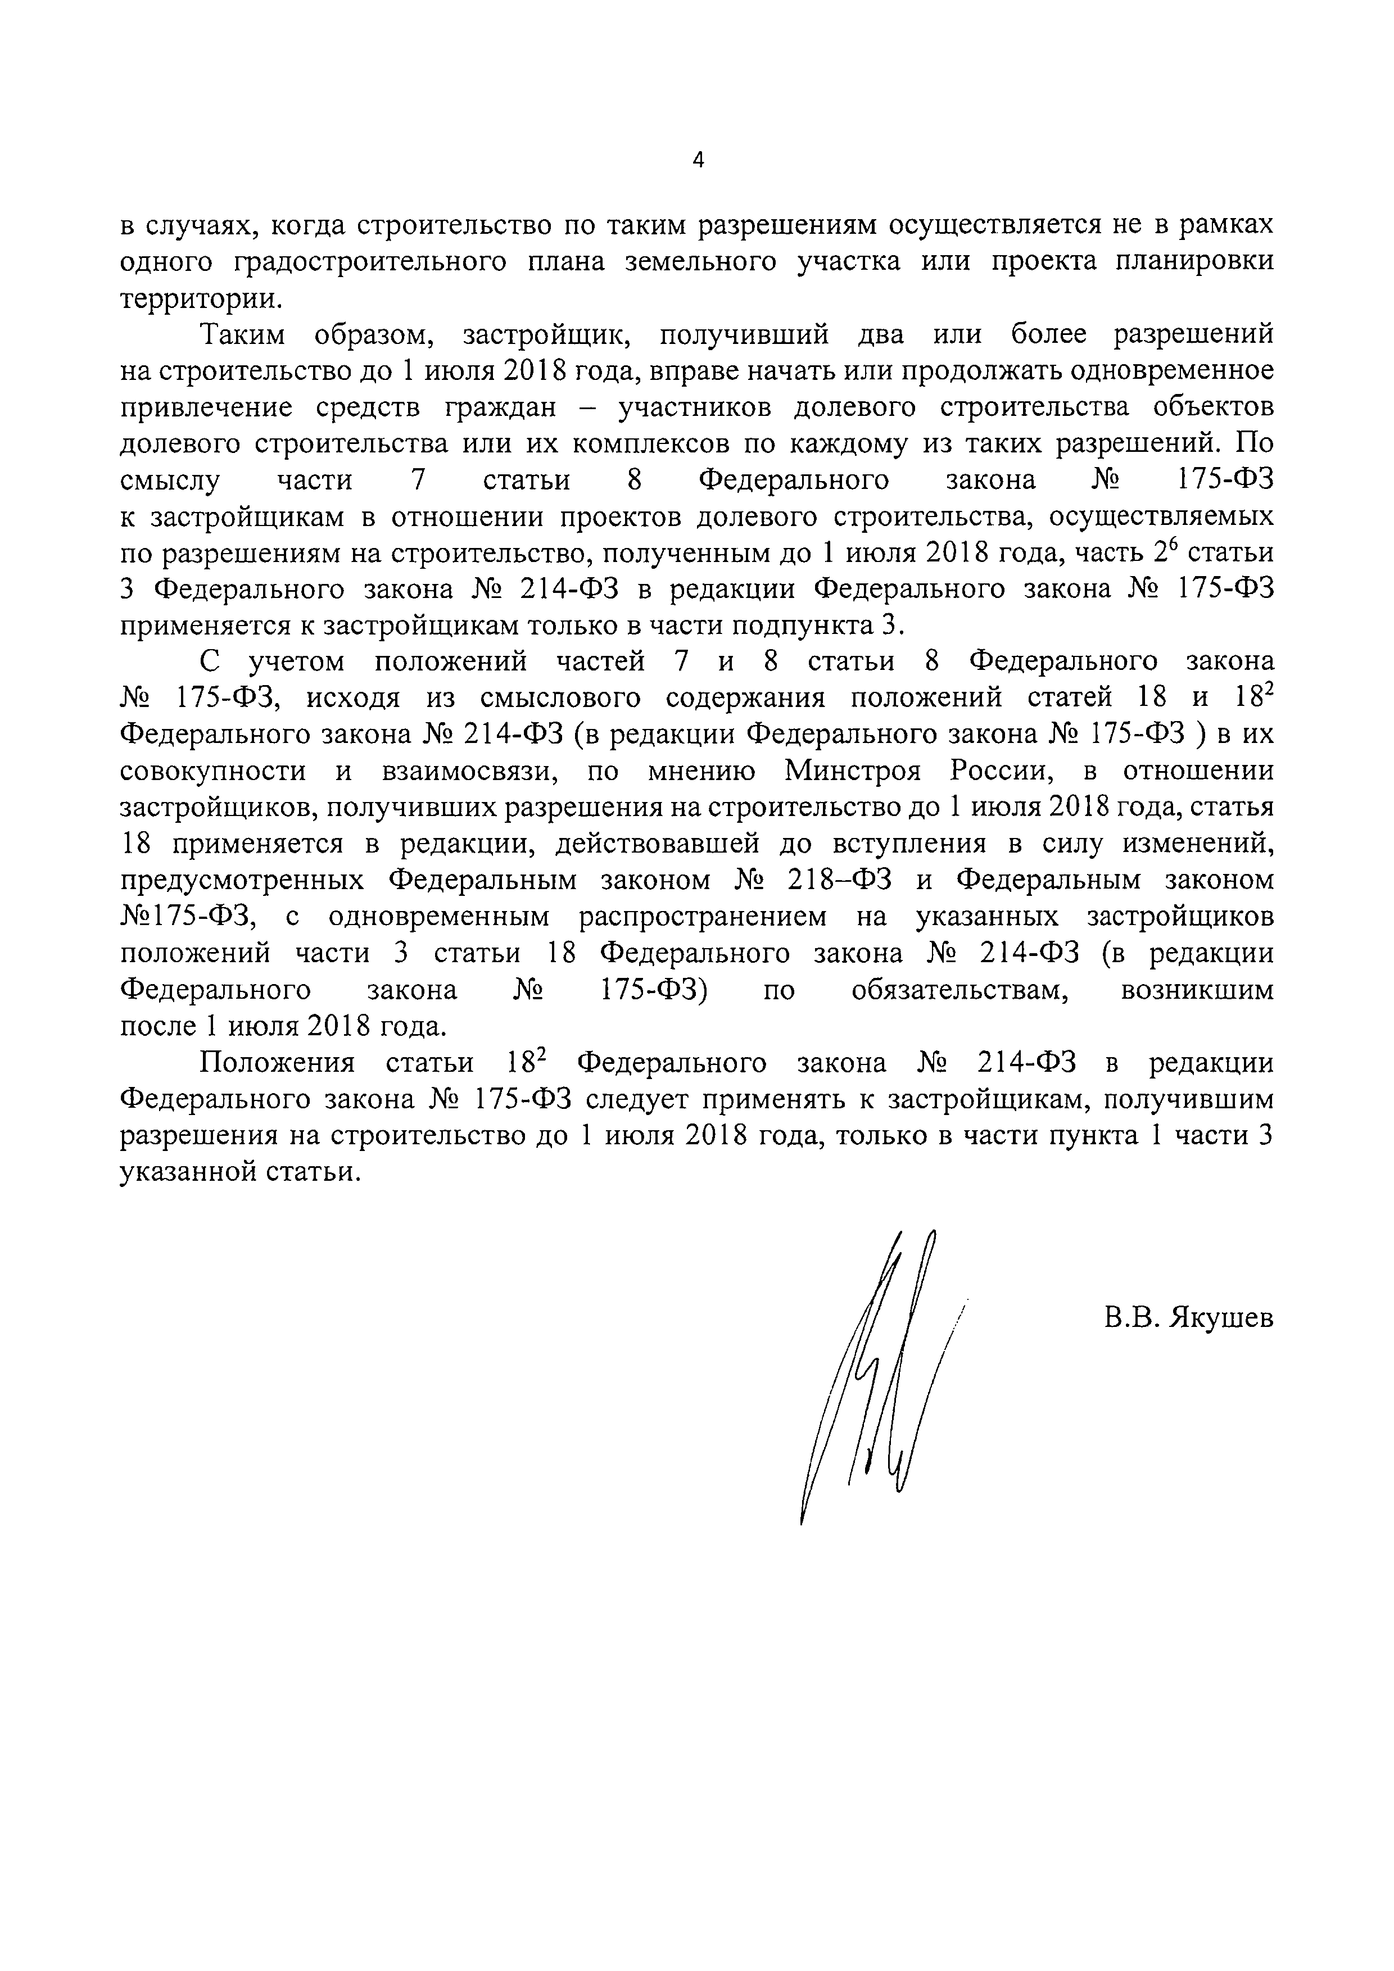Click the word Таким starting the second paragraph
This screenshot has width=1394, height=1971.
(242, 335)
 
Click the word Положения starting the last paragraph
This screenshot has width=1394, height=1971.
(277, 1063)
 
